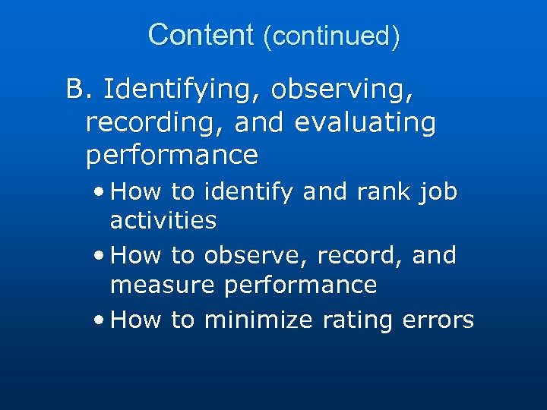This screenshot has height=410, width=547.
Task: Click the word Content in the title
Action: (x=201, y=35)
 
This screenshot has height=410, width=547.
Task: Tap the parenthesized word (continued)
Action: (x=330, y=36)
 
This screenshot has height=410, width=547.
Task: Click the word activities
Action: (x=163, y=221)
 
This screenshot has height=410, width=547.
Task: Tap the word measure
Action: (x=162, y=285)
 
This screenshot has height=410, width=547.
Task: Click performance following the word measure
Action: (x=300, y=286)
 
